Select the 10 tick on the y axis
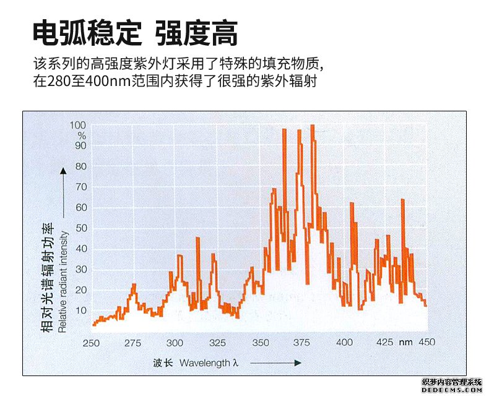pyautogui.click(x=82, y=311)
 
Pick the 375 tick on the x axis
pyautogui.click(x=301, y=343)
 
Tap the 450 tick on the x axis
pyautogui.click(x=427, y=343)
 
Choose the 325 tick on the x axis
pyautogui.click(x=217, y=343)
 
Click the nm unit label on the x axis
pyautogui.click(x=405, y=343)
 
